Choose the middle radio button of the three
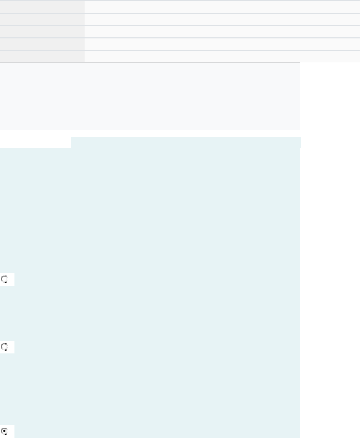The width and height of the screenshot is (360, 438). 4,347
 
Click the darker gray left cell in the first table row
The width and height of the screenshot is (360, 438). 42,7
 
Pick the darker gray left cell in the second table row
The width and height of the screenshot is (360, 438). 42,19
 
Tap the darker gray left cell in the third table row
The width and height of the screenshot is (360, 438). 42,32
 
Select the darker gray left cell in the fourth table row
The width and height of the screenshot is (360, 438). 42,44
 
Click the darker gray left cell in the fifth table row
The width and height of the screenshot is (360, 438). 42,56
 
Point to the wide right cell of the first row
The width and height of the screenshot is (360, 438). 222,7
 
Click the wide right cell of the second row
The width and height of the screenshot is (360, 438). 222,19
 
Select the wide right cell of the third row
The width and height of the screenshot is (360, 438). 222,32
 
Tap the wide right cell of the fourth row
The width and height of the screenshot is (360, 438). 222,44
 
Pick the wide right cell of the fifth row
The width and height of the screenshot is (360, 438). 222,56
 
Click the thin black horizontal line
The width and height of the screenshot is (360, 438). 150,62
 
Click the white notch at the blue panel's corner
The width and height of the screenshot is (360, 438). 35,142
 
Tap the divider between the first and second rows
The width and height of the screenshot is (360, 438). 180,13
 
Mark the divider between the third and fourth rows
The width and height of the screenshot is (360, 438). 180,38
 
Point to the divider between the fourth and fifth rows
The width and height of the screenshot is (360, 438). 180,50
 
